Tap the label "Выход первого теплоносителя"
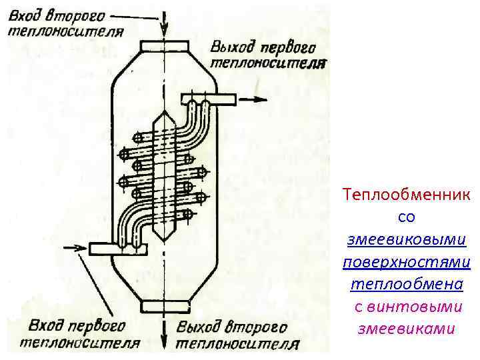267,55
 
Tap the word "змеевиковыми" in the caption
407,239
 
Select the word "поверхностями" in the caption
407,262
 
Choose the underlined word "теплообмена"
407,284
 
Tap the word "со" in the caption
407,217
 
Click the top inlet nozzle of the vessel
164,45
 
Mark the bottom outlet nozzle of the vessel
164,305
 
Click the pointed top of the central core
164,115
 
